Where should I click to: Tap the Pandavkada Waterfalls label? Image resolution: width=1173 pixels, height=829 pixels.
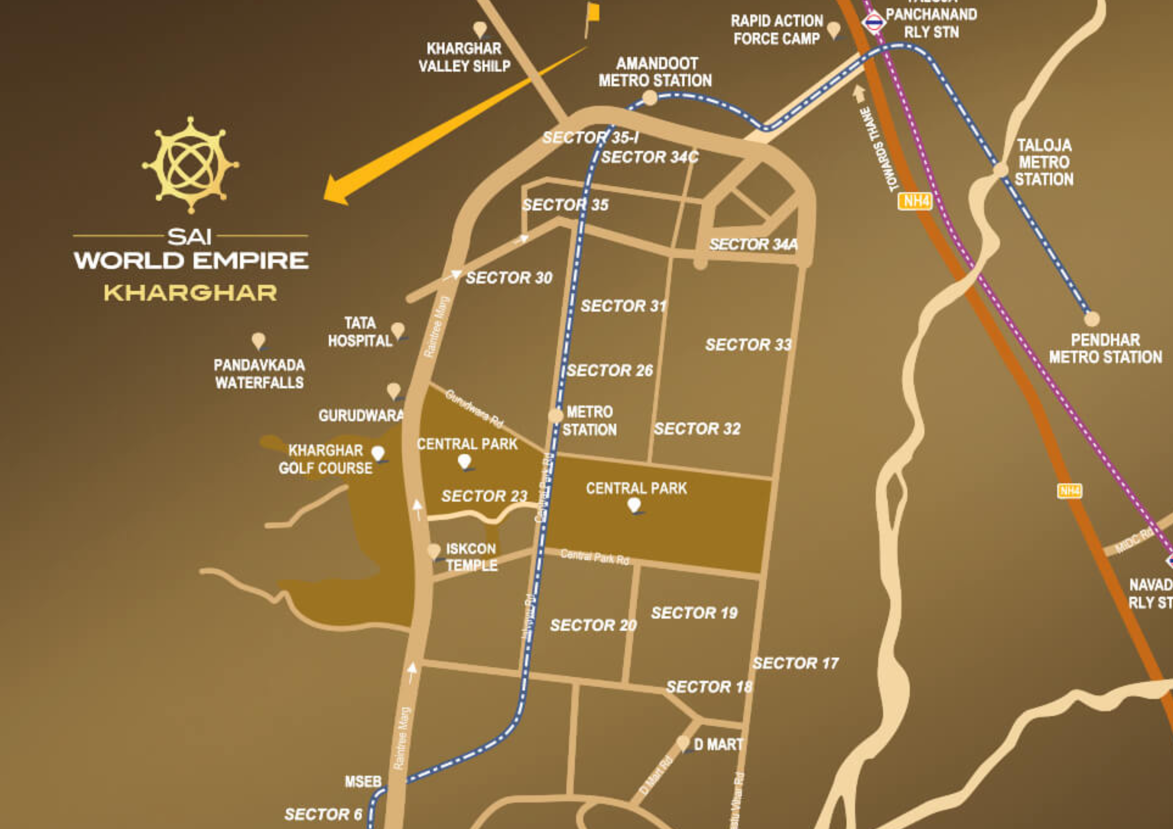point(260,373)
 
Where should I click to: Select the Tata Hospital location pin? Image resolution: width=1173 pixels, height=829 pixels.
point(398,330)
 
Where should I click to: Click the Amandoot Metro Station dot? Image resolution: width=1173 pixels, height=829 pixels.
point(649,98)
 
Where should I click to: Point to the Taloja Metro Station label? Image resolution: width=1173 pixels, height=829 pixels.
point(1044,163)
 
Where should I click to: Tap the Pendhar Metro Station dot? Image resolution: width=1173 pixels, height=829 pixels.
point(1092,319)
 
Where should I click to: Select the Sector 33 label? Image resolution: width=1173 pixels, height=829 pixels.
point(749,345)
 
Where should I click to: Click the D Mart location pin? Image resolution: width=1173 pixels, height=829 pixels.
point(683,743)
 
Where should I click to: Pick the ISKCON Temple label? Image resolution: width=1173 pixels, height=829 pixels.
point(471,557)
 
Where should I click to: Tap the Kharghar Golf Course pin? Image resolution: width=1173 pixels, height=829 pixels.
point(378,453)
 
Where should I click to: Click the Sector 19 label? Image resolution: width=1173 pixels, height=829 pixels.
point(694,613)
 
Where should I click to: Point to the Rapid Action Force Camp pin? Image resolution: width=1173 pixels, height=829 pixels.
point(833,29)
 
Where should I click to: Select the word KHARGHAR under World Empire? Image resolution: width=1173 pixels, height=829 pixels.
point(190,293)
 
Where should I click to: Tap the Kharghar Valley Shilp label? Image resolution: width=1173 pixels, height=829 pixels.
point(464,57)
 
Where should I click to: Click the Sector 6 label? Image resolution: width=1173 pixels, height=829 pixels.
point(323,814)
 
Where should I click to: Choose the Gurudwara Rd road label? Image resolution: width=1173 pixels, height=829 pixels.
point(474,408)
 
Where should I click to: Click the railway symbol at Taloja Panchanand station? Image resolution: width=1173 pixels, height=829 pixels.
point(873,22)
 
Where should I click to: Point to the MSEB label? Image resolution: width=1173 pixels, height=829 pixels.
point(363,782)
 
